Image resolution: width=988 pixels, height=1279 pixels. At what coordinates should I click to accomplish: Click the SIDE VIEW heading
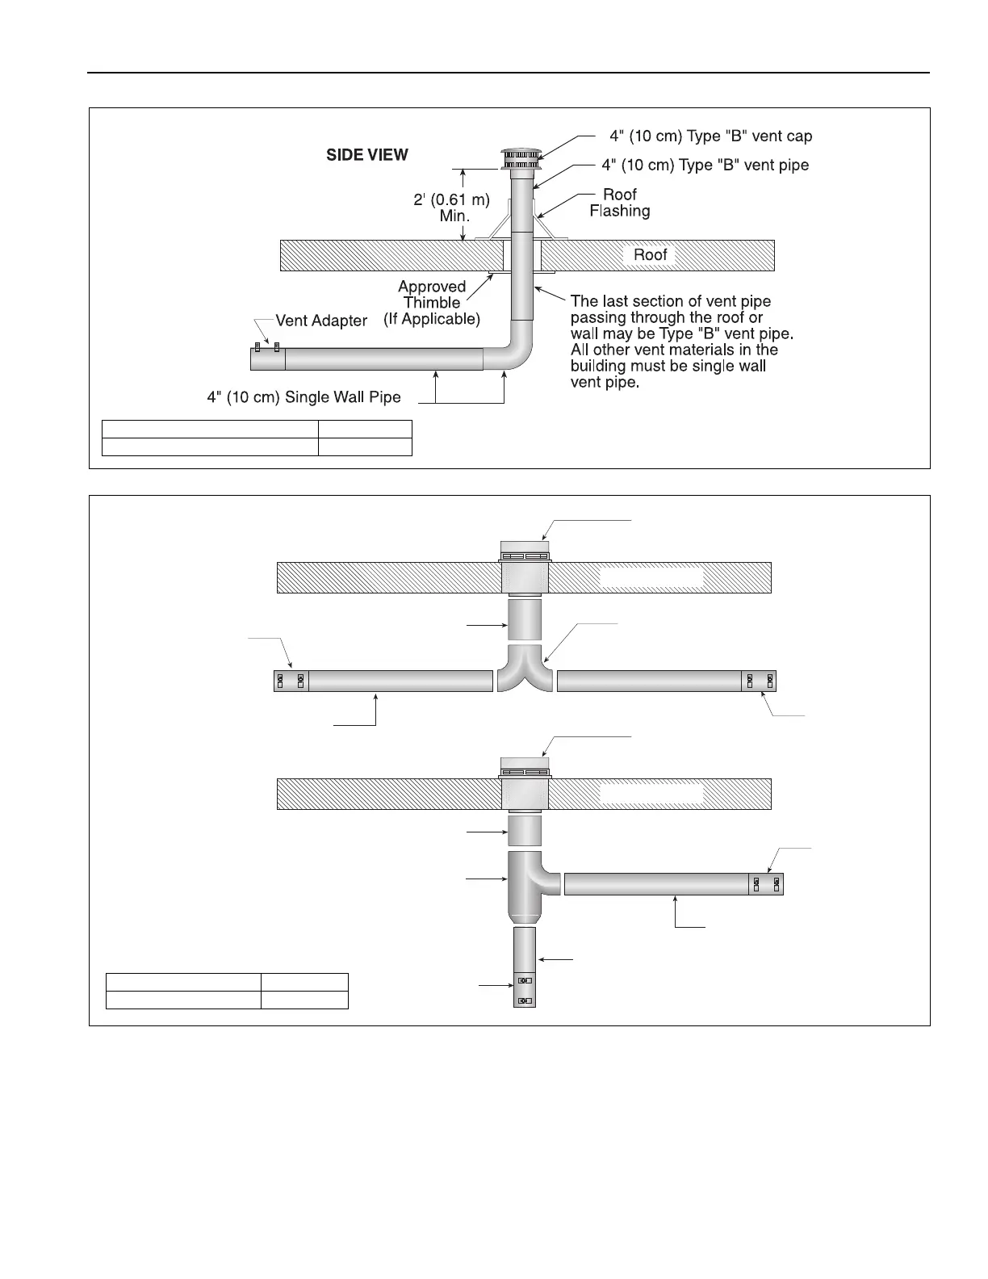click(366, 155)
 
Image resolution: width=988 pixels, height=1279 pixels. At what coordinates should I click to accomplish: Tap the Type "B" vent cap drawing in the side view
click(521, 160)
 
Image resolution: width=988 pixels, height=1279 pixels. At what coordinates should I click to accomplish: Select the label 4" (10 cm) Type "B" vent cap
click(710, 136)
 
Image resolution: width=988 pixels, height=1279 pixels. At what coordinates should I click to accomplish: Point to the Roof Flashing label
click(619, 203)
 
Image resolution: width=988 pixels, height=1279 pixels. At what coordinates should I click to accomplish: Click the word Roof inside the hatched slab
click(650, 255)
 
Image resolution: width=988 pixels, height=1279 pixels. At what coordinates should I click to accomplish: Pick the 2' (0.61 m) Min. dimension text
click(451, 208)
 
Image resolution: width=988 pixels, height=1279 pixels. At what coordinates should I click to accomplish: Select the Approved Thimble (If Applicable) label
click(432, 303)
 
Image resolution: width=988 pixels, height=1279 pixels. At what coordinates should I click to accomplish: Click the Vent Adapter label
click(321, 321)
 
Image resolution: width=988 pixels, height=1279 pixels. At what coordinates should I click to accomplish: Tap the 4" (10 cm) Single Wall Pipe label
click(304, 396)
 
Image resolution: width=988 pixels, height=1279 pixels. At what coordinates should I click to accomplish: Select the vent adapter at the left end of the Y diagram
click(291, 681)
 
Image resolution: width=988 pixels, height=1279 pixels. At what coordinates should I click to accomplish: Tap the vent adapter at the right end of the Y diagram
click(759, 681)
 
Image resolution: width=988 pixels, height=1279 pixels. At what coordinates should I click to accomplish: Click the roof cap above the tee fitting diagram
click(525, 765)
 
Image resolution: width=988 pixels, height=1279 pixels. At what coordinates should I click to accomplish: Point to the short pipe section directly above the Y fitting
click(525, 619)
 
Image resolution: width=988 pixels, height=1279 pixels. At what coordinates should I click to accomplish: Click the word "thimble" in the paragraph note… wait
click(432, 303)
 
